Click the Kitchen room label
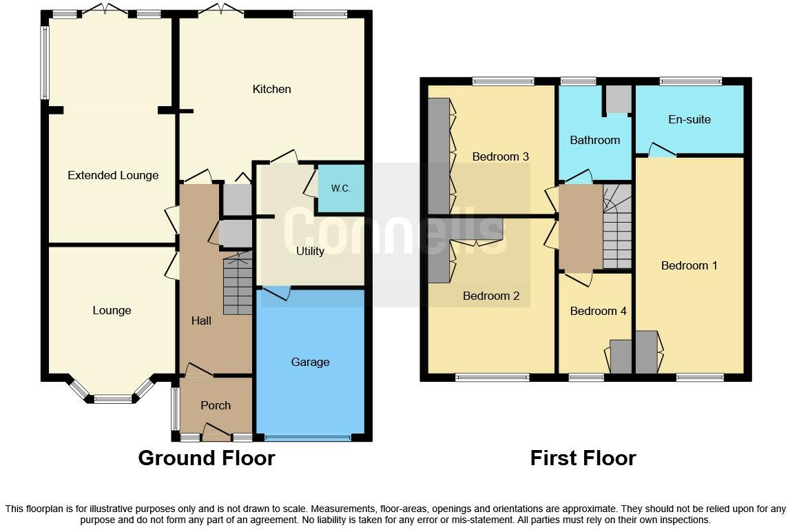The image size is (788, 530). point(271,89)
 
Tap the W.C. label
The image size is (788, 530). point(340,188)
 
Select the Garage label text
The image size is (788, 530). point(310,362)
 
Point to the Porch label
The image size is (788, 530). point(216,405)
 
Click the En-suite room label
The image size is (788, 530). point(689,119)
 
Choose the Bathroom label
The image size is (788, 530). point(594,140)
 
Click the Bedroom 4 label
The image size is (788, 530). point(598,311)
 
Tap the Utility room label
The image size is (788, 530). point(310,251)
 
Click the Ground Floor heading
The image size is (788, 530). point(206,458)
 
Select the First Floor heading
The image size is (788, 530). point(583,458)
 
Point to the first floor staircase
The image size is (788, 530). point(617,227)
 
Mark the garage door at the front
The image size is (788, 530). point(307,438)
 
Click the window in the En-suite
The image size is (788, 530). point(690,81)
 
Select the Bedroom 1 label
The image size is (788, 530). point(689,265)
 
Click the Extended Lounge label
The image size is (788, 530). point(113,175)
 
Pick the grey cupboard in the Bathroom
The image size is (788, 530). point(618,101)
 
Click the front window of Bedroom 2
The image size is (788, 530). point(492,377)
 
